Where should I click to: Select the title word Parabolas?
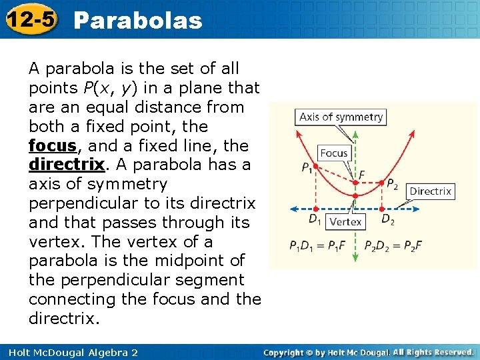138,21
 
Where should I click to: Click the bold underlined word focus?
51,145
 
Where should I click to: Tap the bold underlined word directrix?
67,165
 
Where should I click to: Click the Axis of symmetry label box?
341,117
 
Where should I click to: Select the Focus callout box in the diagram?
334,153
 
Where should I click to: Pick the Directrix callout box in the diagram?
430,191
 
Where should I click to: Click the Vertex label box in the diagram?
345,221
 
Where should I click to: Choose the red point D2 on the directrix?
381,209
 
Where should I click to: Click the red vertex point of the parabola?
355,195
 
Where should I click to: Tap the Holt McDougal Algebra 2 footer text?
70,352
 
